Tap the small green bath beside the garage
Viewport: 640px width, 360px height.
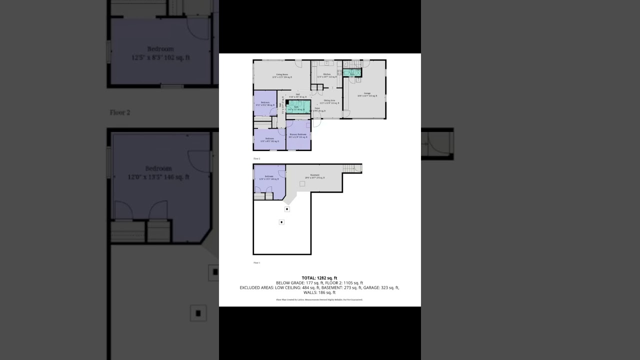pyautogui.click(x=352, y=73)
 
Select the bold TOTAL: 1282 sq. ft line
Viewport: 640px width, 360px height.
pyautogui.click(x=319, y=278)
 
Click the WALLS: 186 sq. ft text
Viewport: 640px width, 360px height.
pyautogui.click(x=319, y=292)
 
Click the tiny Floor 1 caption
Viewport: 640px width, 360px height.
pyautogui.click(x=257, y=262)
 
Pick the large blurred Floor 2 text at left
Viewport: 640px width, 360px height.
pyautogui.click(x=120, y=112)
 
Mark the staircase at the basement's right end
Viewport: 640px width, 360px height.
pyautogui.click(x=352, y=168)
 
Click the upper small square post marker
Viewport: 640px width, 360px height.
pyautogui.click(x=287, y=209)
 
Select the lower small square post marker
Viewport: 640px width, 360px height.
pyautogui.click(x=281, y=222)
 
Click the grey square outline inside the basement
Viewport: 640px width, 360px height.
pyautogui.click(x=302, y=184)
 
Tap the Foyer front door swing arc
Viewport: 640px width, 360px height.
pyautogui.click(x=316, y=122)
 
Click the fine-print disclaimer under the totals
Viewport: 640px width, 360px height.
pyautogui.click(x=319, y=299)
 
